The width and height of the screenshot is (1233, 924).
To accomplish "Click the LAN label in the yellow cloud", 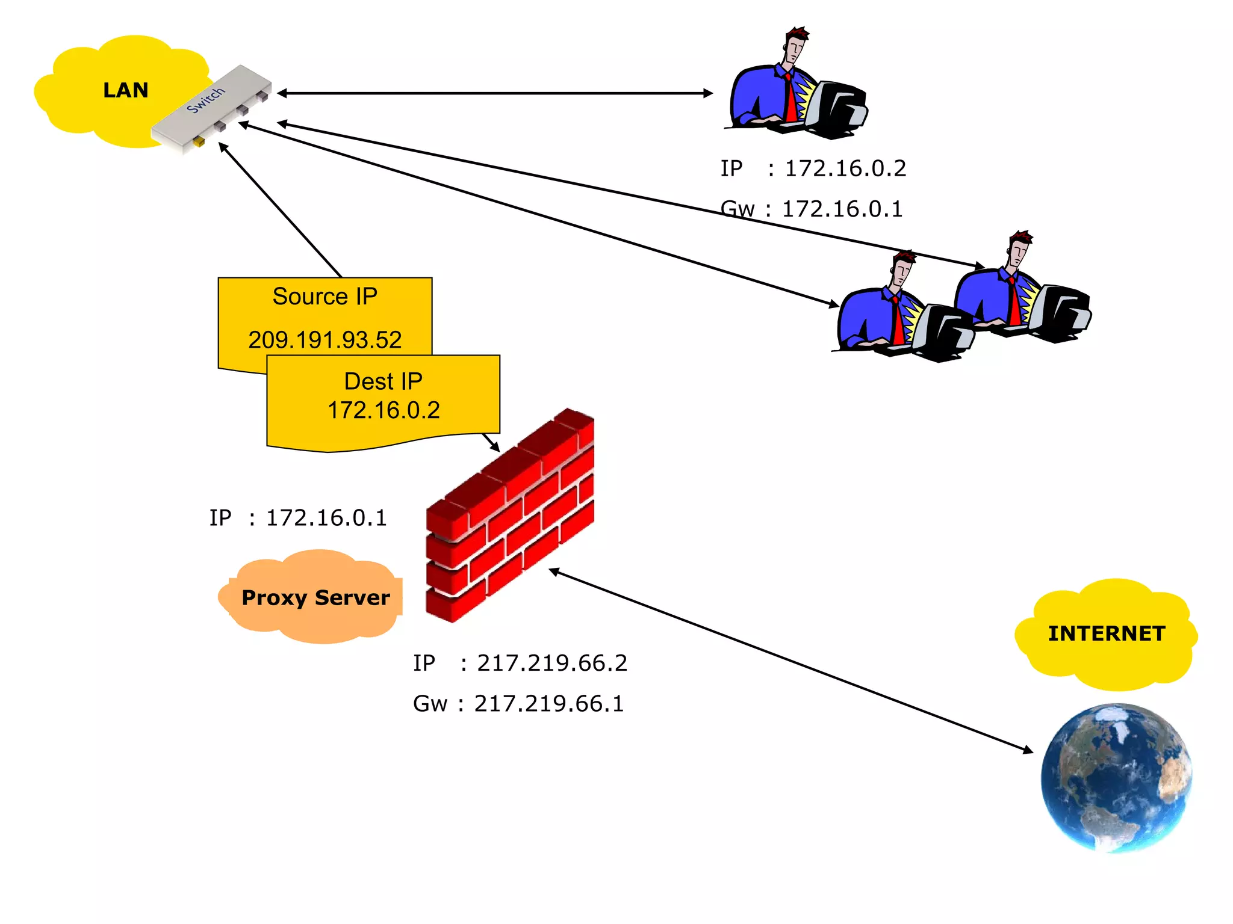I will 125,90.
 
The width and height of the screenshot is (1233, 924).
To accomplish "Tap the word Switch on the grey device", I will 205,100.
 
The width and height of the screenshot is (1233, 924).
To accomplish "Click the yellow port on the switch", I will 198,142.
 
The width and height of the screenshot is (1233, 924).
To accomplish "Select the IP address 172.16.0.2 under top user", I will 845,168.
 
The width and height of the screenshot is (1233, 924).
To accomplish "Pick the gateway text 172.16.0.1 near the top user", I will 842,209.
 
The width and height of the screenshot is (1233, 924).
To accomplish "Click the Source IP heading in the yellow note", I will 325,297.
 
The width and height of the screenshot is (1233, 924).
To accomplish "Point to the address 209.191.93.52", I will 325,340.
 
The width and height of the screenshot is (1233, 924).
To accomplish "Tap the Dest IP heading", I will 383,381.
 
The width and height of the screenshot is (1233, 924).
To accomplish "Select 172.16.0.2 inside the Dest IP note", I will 384,410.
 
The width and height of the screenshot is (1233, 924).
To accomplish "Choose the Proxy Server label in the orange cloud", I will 315,597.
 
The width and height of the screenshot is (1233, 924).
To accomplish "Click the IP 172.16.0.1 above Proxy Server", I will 326,518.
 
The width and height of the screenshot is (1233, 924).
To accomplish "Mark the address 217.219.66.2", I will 551,663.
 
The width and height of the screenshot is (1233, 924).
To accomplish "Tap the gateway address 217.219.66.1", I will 548,704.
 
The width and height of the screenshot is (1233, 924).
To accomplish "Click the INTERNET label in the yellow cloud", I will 1107,633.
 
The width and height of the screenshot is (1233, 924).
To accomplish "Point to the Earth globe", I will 1116,778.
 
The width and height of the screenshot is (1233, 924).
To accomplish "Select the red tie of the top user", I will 790,99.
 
